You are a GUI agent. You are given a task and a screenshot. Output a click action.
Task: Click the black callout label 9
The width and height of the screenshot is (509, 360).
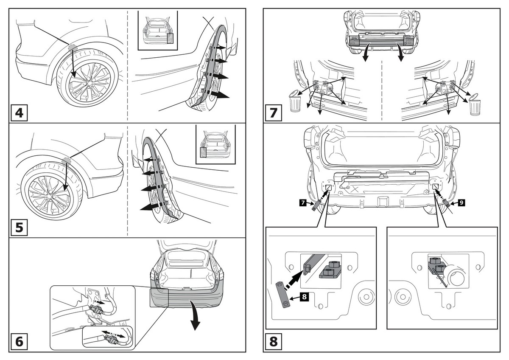[461, 203]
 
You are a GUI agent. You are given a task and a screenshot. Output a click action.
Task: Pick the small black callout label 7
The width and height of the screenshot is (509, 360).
[302, 203]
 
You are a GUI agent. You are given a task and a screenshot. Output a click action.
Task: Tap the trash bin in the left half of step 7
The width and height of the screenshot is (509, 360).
[295, 102]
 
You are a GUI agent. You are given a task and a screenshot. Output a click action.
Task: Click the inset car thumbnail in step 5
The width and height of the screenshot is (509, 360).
[215, 144]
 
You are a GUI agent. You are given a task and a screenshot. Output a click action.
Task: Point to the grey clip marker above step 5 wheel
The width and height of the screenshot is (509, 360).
[67, 161]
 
